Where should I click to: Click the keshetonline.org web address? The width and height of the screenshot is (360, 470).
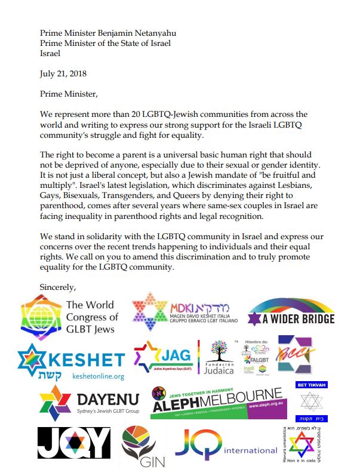point(97,377)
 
